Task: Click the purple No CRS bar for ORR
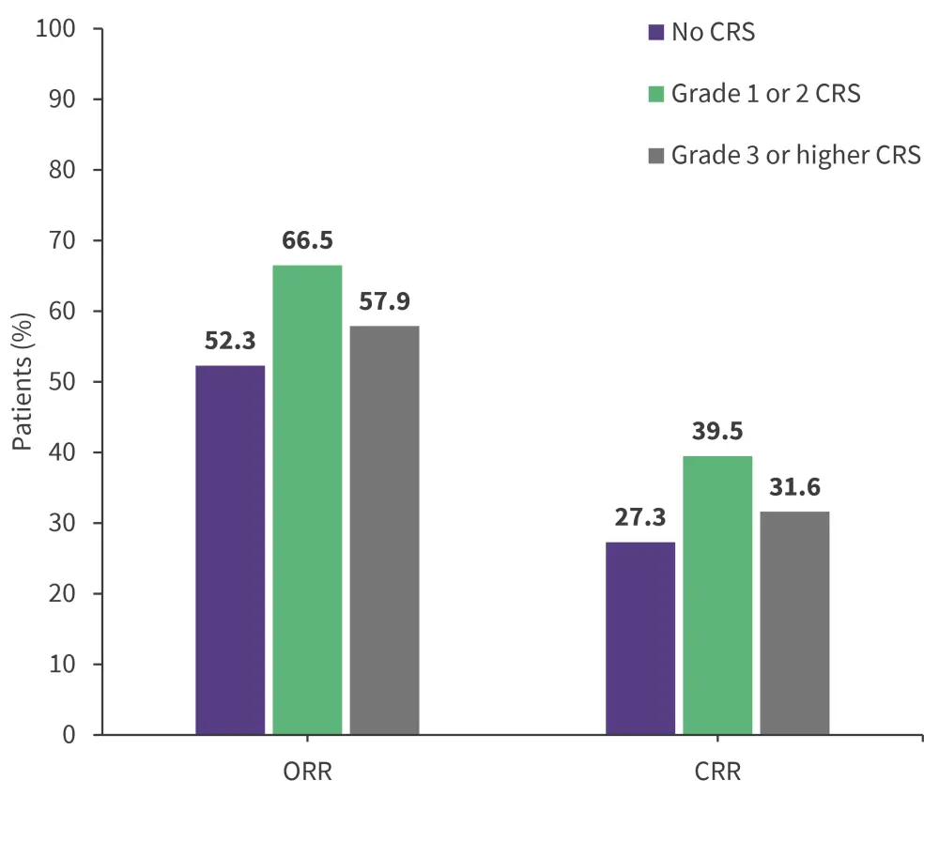coord(230,549)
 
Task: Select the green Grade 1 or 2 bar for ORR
coord(307,499)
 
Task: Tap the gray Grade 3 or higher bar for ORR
coord(384,529)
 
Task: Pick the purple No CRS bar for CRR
coord(640,637)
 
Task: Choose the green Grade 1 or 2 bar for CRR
coord(717,594)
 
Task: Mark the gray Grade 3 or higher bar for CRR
coord(794,622)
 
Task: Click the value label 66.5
coord(307,241)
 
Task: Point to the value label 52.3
coord(230,342)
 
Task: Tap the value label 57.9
coord(384,302)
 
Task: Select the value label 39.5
coord(717,432)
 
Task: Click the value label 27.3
coord(640,518)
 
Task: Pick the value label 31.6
coord(794,488)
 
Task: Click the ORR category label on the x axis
coord(307,773)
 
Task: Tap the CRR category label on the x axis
coord(717,773)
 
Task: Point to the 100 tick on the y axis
coord(56,29)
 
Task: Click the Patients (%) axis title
coord(23,382)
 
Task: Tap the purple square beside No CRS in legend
coord(656,33)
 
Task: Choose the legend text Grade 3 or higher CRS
coord(796,155)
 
